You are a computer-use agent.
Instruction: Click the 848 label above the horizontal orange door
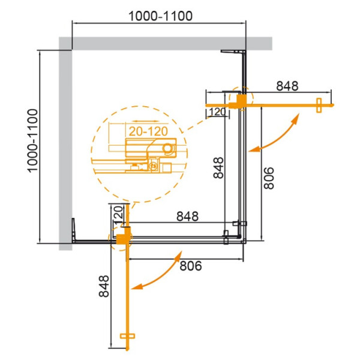point(287,86)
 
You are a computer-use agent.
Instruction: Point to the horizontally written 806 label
point(187,265)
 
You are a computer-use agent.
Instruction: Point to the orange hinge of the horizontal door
point(240,101)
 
